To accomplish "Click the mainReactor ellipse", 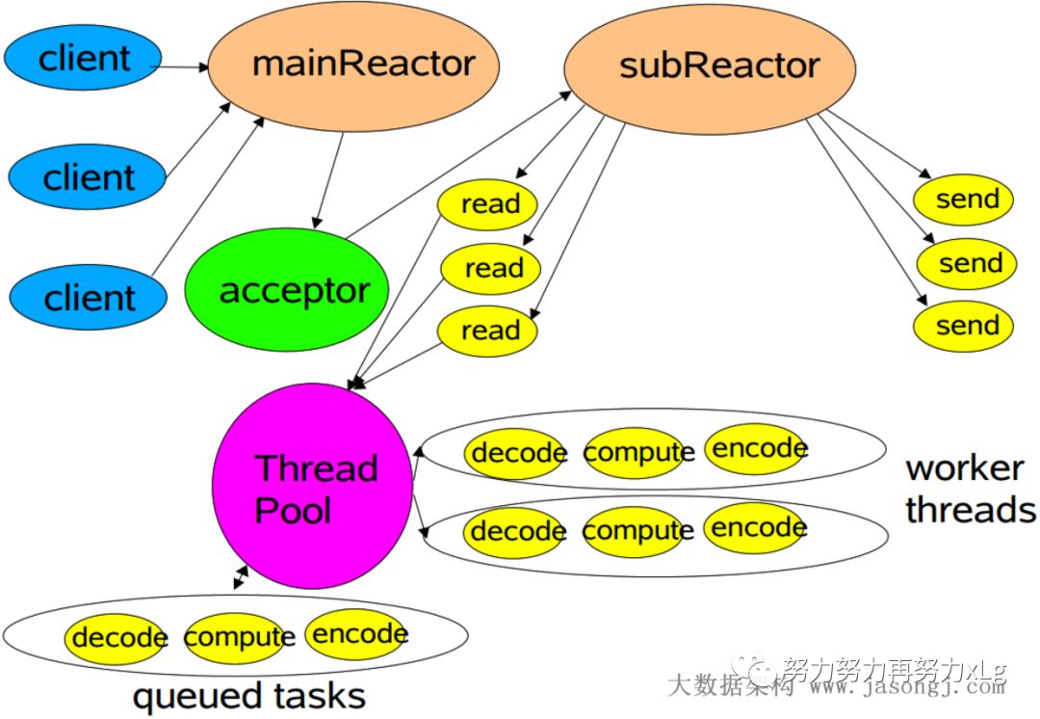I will [x=354, y=65].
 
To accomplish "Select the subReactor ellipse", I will [x=710, y=67].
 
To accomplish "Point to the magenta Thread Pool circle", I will [x=313, y=489].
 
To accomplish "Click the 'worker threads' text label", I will [x=970, y=489].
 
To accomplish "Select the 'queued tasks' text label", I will [x=248, y=695].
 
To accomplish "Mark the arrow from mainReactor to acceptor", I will [x=327, y=181].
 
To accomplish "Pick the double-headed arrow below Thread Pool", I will [x=240, y=577].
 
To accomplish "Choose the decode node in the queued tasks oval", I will [x=116, y=638].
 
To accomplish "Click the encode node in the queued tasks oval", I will [x=357, y=634].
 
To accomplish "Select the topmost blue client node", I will [x=83, y=59].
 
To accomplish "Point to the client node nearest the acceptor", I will [x=89, y=298].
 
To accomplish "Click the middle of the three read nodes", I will [x=491, y=268].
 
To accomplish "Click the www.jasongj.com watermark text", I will [x=905, y=688].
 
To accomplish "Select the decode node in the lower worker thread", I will [x=516, y=532].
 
